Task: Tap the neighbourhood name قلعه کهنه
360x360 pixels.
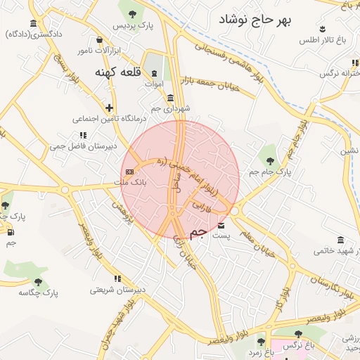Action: [x=117, y=72]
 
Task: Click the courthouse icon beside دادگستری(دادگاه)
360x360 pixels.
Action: [x=33, y=23]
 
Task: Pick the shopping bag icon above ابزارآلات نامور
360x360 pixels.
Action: [x=98, y=39]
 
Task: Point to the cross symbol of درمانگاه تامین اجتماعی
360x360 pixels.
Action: [x=109, y=108]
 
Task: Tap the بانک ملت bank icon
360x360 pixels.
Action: [x=129, y=172]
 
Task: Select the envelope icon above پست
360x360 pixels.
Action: [x=222, y=226]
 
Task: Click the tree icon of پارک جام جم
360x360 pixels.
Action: [x=268, y=160]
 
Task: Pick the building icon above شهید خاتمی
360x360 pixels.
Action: [x=340, y=239]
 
